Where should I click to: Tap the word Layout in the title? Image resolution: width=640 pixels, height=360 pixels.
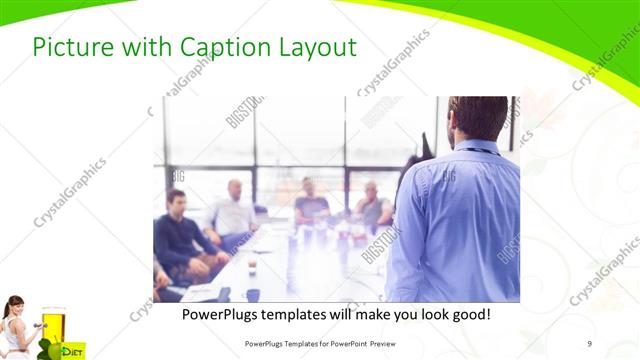(319, 47)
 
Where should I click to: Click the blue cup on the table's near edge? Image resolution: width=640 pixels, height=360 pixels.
(253, 295)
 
